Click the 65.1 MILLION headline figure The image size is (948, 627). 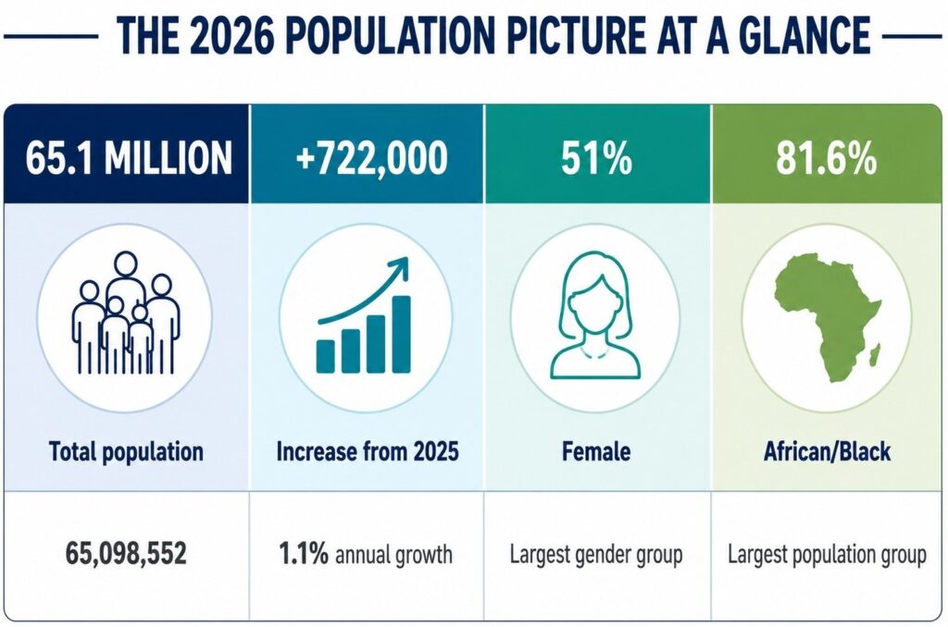128,157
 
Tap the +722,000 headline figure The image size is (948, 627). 372,157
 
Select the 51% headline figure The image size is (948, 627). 596,157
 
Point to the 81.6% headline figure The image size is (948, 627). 826,157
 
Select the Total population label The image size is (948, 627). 126,452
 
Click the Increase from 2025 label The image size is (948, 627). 368,451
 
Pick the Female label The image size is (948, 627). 596,451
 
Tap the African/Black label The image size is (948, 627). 827,451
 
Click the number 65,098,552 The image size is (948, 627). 126,553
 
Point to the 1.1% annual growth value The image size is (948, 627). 365,553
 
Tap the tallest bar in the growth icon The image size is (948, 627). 402,334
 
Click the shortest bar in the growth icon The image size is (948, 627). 325,356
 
